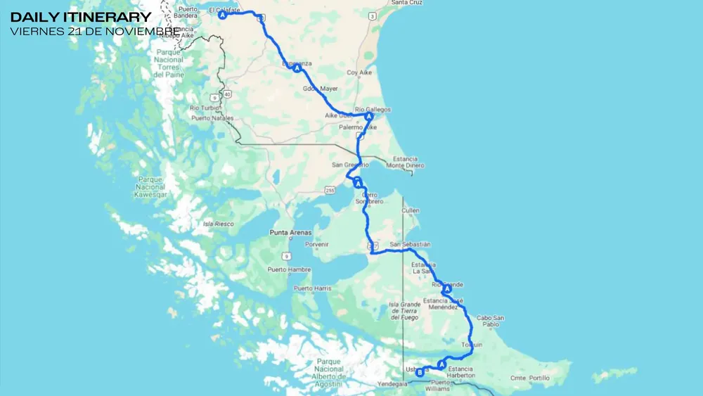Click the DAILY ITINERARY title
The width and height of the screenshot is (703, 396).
tap(81, 17)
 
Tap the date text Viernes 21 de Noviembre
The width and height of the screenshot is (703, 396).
tap(95, 31)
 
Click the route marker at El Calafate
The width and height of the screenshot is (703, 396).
tap(222, 15)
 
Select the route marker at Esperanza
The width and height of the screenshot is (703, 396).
tap(297, 68)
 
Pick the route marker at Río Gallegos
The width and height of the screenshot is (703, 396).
tap(368, 117)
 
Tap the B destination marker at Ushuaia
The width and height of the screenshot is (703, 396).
tap(420, 373)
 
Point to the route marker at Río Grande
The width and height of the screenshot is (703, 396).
tap(446, 289)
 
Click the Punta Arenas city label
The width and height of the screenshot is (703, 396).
tap(290, 231)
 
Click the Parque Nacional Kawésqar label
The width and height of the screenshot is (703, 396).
tap(151, 186)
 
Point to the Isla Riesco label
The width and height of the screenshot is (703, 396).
tap(218, 224)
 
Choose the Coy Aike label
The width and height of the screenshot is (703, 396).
tap(359, 72)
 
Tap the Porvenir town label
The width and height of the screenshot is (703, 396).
tap(316, 244)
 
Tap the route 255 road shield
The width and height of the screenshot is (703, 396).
tap(329, 191)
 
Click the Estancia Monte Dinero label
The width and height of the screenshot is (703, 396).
tap(408, 161)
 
